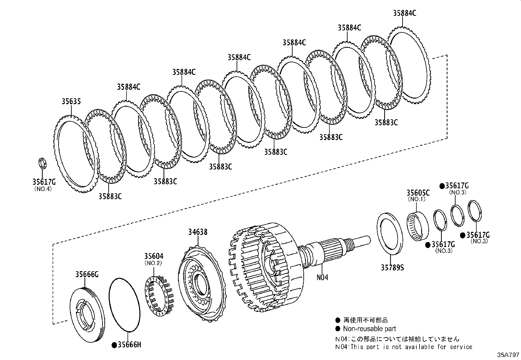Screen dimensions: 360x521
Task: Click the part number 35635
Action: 71,102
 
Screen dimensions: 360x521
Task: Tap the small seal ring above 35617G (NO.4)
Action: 43,163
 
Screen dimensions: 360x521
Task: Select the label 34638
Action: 197,232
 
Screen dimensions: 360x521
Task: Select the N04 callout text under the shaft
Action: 322,277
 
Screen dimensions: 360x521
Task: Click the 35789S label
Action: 392,268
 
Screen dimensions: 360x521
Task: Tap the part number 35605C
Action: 418,193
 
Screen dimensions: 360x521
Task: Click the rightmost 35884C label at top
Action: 404,13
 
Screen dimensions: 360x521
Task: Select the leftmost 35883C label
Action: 110,196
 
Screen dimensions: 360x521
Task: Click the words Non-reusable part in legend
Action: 369,329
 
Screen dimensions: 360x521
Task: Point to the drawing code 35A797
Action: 508,355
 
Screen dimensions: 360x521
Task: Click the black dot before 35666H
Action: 114,345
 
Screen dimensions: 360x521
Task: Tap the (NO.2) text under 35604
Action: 153,263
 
